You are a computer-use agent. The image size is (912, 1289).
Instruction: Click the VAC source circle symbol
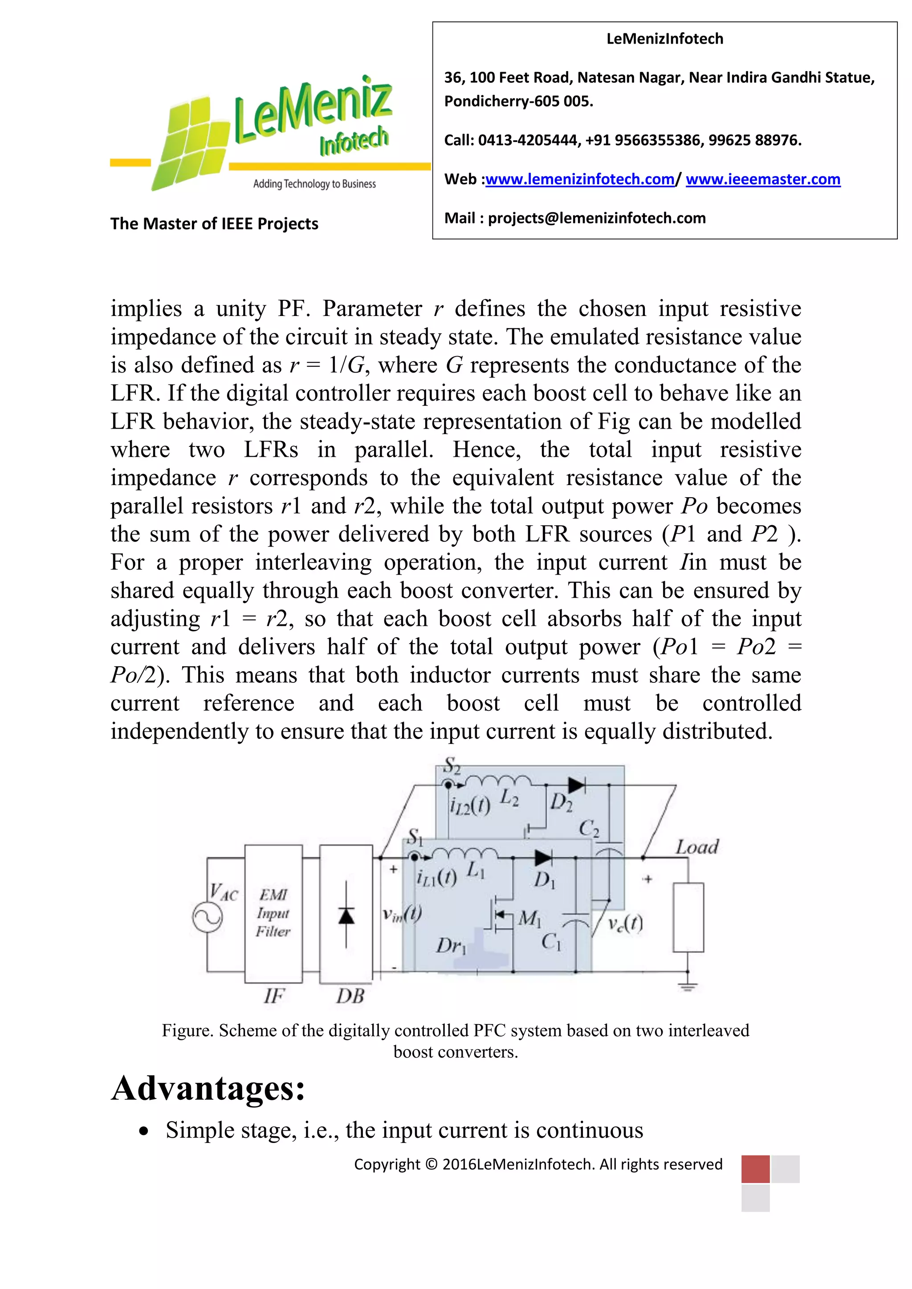point(207,918)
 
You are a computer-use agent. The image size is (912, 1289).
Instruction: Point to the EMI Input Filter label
point(273,913)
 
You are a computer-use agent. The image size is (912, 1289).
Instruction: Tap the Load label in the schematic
point(697,847)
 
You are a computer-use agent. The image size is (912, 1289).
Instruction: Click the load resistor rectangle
point(688,917)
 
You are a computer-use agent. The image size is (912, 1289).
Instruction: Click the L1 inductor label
point(476,871)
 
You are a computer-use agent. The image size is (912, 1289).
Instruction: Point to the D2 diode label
point(561,803)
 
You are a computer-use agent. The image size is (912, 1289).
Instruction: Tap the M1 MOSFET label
point(529,919)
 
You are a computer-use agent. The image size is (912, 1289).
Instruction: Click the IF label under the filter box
point(274,996)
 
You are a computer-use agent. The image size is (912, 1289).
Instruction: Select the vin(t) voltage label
point(402,914)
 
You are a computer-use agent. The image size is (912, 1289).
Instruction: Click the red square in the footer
point(755,1169)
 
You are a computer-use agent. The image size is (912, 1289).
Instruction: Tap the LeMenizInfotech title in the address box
point(664,39)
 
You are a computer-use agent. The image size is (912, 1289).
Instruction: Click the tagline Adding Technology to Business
point(314,184)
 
